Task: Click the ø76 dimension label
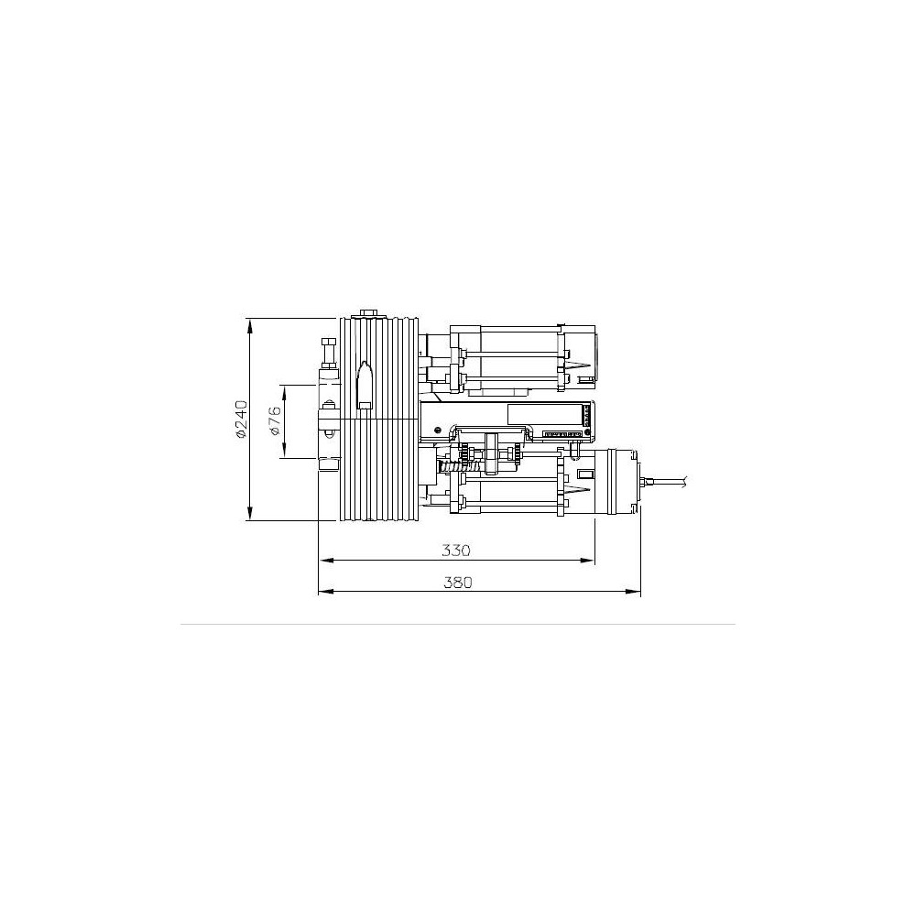[274, 421]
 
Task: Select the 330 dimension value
[455, 551]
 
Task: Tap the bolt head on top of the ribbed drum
[369, 314]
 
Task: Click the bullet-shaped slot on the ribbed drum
[364, 379]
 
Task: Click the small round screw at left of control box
[439, 429]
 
